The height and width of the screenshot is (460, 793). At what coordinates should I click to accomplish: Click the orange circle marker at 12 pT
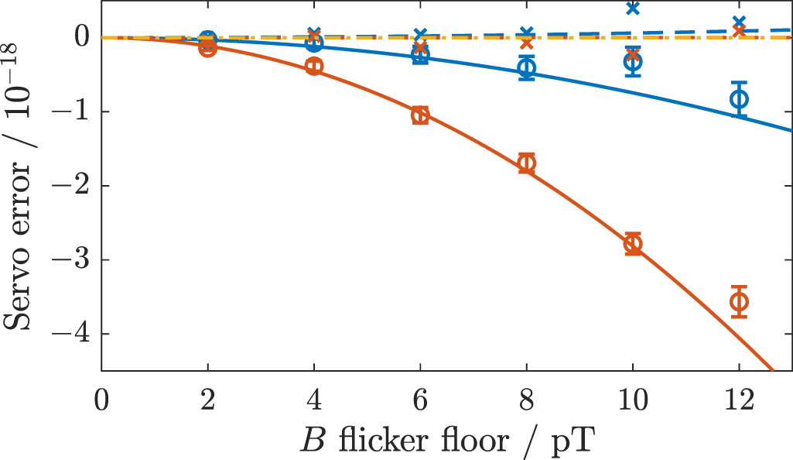point(739,301)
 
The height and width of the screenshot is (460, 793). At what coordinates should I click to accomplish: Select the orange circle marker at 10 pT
point(633,244)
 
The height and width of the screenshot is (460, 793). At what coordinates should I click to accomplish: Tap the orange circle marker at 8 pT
point(527,163)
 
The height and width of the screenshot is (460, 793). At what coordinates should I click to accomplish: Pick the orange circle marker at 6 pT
point(420,116)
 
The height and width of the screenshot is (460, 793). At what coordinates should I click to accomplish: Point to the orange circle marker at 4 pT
point(314,67)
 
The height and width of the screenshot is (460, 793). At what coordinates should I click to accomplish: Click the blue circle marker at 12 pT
point(739,98)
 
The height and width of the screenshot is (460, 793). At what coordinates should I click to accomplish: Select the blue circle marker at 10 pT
point(633,62)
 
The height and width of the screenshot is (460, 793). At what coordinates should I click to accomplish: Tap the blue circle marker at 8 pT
point(527,68)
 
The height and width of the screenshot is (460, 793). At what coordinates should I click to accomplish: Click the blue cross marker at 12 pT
point(739,22)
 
